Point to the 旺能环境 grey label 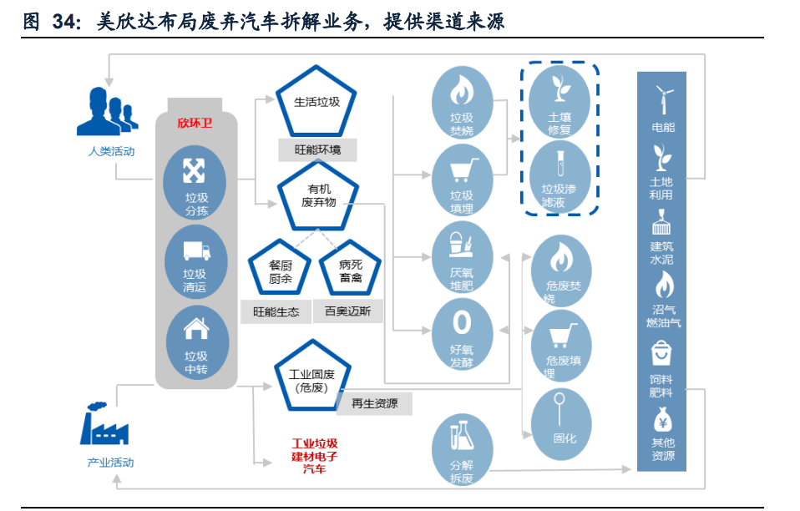click(x=317, y=150)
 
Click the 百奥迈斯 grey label click(x=348, y=312)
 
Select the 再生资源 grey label click(x=374, y=404)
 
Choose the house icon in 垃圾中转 click(x=196, y=329)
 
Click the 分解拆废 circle click(x=462, y=451)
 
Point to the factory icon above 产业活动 click(x=104, y=424)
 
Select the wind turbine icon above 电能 click(x=663, y=100)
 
